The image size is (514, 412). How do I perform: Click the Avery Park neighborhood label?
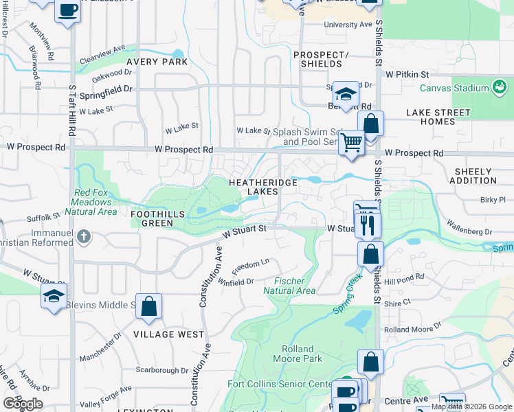pyautogui.click(x=157, y=62)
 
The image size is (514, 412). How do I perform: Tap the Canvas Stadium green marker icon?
pyautogui.click(x=499, y=88)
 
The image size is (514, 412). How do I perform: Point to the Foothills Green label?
pyautogui.click(x=158, y=219)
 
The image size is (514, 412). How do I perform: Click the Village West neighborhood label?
pyautogui.click(x=168, y=334)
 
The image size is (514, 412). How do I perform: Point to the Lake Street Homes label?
pyautogui.click(x=438, y=117)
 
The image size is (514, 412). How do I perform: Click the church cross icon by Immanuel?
pyautogui.click(x=84, y=238)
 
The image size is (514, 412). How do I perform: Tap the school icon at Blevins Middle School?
pyautogui.click(x=54, y=295)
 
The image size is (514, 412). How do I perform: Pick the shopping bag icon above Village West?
pyautogui.click(x=148, y=306)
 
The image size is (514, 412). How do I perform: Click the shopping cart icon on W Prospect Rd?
pyautogui.click(x=351, y=143)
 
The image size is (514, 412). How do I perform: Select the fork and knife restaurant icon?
pyautogui.click(x=368, y=224)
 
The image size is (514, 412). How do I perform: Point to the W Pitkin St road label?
pyautogui.click(x=407, y=73)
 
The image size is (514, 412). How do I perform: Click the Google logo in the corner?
pyautogui.click(x=23, y=404)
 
